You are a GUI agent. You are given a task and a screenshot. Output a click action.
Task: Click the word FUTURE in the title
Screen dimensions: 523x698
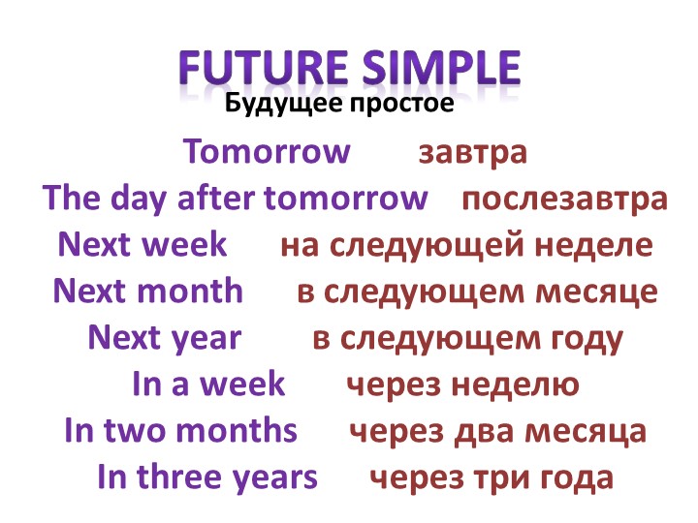pyautogui.click(x=256, y=69)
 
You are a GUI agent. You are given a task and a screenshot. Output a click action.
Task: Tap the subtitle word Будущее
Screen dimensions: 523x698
pyautogui.click(x=273, y=103)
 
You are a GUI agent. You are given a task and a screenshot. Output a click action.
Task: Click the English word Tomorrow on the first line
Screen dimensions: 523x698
pyautogui.click(x=267, y=152)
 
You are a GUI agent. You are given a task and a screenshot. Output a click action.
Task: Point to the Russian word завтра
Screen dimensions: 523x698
pyautogui.click(x=472, y=152)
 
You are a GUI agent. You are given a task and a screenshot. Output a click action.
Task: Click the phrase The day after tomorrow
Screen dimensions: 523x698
pyautogui.click(x=236, y=199)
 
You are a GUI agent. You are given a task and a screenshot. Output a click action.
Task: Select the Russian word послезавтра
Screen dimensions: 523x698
pyautogui.click(x=564, y=199)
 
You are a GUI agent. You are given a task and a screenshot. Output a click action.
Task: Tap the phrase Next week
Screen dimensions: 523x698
pyautogui.click(x=143, y=245)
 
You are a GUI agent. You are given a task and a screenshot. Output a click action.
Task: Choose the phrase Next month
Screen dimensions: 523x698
pyautogui.click(x=148, y=291)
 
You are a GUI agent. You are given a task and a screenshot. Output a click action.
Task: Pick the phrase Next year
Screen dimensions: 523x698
pyautogui.click(x=164, y=337)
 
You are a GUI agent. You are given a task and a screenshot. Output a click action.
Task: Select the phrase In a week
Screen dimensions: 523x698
pyautogui.click(x=207, y=384)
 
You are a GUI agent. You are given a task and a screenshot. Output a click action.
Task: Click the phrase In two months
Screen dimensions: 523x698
pyautogui.click(x=180, y=430)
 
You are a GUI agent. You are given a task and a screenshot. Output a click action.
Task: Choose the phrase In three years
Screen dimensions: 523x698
pyautogui.click(x=207, y=477)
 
